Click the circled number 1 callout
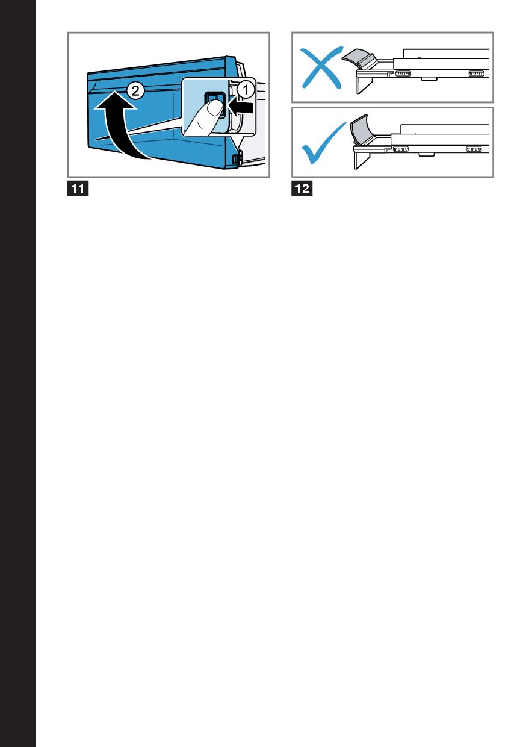pyautogui.click(x=246, y=90)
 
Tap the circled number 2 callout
pyautogui.click(x=135, y=90)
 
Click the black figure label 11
pyautogui.click(x=78, y=189)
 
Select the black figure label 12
pyautogui.click(x=302, y=189)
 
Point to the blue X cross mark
pyautogui.click(x=321, y=67)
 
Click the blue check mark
pyautogui.click(x=324, y=143)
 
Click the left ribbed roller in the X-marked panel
pyautogui.click(x=403, y=73)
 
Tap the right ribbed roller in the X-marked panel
pyautogui.click(x=477, y=73)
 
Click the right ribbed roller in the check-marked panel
pyautogui.click(x=474, y=149)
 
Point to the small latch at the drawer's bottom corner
pyautogui.click(x=237, y=157)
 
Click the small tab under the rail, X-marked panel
pyautogui.click(x=429, y=79)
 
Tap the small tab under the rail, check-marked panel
pyautogui.click(x=426, y=154)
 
